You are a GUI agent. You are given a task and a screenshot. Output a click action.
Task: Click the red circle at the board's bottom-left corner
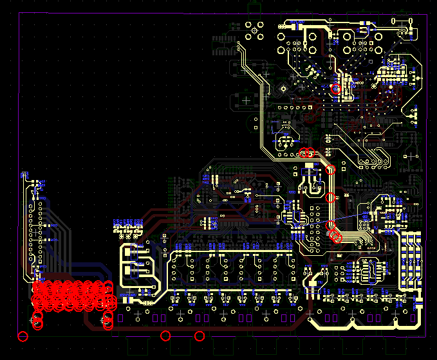[x=23, y=336]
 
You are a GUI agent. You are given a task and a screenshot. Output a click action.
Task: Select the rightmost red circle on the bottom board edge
[x=200, y=336]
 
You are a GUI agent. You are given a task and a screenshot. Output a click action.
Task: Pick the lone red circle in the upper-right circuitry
[x=335, y=89]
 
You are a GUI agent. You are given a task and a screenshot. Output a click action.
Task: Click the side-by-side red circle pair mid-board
[x=307, y=153]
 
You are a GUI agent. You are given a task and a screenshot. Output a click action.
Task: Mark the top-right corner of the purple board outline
[x=425, y=14]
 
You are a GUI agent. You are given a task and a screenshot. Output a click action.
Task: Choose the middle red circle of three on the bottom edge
[x=165, y=336]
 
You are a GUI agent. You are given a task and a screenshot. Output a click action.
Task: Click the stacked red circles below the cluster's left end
[x=37, y=319]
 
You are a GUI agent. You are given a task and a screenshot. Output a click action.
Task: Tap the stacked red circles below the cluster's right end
[x=107, y=319]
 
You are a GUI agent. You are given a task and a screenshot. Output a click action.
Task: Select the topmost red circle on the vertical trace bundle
[x=331, y=170]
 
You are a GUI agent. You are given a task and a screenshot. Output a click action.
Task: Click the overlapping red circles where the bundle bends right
[x=335, y=235]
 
